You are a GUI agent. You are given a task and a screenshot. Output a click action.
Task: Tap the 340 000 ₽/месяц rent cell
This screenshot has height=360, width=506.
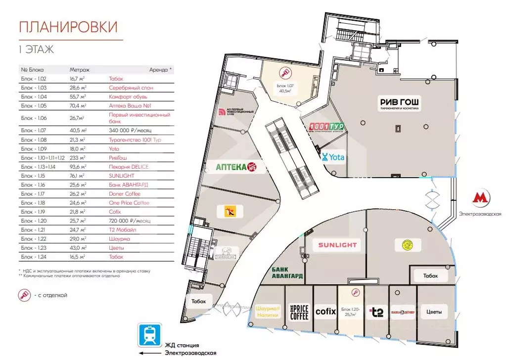coord(130,131)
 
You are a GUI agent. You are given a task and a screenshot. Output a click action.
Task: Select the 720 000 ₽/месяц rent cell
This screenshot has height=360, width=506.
coord(130,221)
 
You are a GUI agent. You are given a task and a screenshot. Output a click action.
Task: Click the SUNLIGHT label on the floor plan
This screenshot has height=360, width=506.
coord(337,245)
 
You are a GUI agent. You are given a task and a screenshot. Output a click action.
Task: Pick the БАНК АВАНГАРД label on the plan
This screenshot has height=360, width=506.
coord(287,272)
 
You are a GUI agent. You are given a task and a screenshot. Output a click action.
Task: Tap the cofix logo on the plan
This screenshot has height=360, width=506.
coord(325,312)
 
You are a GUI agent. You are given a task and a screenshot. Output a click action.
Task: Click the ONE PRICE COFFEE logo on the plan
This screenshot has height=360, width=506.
coord(299,312)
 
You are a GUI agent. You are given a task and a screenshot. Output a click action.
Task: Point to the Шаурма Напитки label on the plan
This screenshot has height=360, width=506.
coord(267,312)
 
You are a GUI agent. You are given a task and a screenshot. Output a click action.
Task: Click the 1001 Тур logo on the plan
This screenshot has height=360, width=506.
coord(325,127)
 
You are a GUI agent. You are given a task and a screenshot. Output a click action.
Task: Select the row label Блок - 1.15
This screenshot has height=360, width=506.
coord(33,176)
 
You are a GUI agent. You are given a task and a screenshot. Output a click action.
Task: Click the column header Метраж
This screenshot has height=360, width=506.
coord(79,70)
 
